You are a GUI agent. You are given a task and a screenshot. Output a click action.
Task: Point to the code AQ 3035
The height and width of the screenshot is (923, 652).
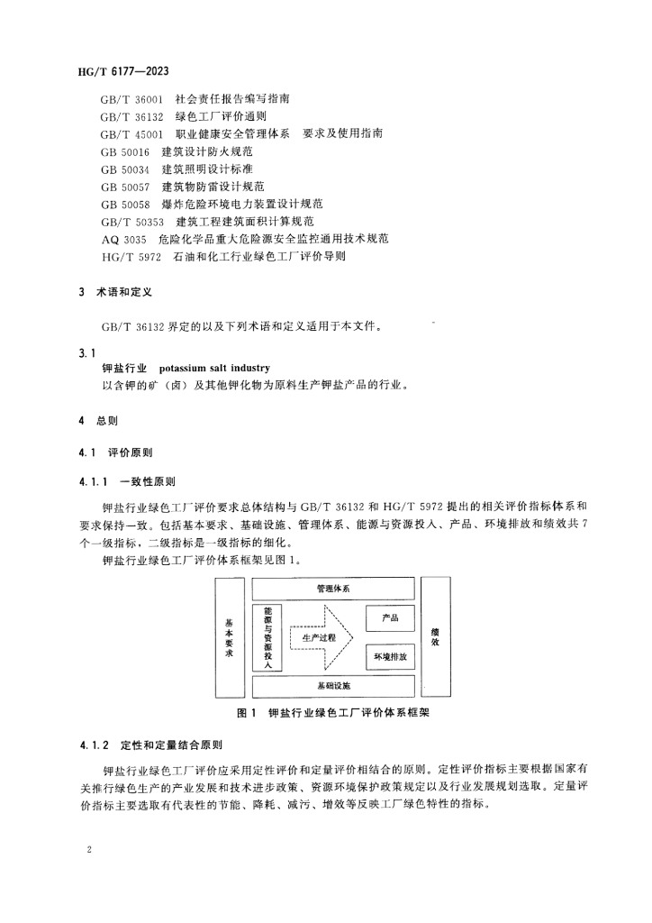pos(123,239)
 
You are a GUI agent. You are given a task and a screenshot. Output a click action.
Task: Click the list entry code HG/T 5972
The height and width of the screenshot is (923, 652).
pos(131,257)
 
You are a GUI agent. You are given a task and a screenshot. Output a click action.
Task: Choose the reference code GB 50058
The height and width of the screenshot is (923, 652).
pos(125,204)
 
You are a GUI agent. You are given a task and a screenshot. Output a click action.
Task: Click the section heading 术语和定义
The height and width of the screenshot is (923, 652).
pos(125,293)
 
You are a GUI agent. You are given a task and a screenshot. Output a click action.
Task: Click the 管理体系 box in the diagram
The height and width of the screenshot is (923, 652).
pos(332,589)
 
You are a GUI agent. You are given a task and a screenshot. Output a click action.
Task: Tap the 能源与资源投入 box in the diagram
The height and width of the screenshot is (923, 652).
pos(267,637)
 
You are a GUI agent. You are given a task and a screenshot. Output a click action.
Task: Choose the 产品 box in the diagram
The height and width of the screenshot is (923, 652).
pos(390,618)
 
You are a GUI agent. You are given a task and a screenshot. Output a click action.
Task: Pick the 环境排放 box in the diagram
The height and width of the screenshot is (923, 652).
pos(390,657)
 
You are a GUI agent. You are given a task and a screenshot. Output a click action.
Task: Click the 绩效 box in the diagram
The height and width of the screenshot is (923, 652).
pos(436,637)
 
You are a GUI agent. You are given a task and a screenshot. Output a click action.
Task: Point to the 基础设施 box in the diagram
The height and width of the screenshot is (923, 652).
pos(332,686)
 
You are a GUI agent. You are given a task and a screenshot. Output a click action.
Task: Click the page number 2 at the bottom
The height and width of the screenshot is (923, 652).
pos(90,849)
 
